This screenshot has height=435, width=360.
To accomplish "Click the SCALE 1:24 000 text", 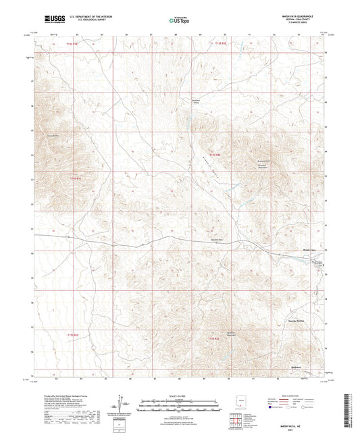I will (x=180, y=395).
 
